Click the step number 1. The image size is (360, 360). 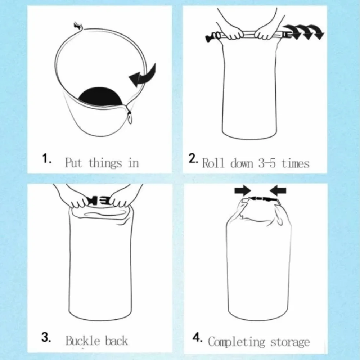tap(46, 159)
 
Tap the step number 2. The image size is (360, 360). tap(193, 159)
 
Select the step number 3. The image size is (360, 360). tap(46, 337)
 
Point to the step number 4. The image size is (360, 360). tap(197, 337)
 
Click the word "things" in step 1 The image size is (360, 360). tap(105, 163)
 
